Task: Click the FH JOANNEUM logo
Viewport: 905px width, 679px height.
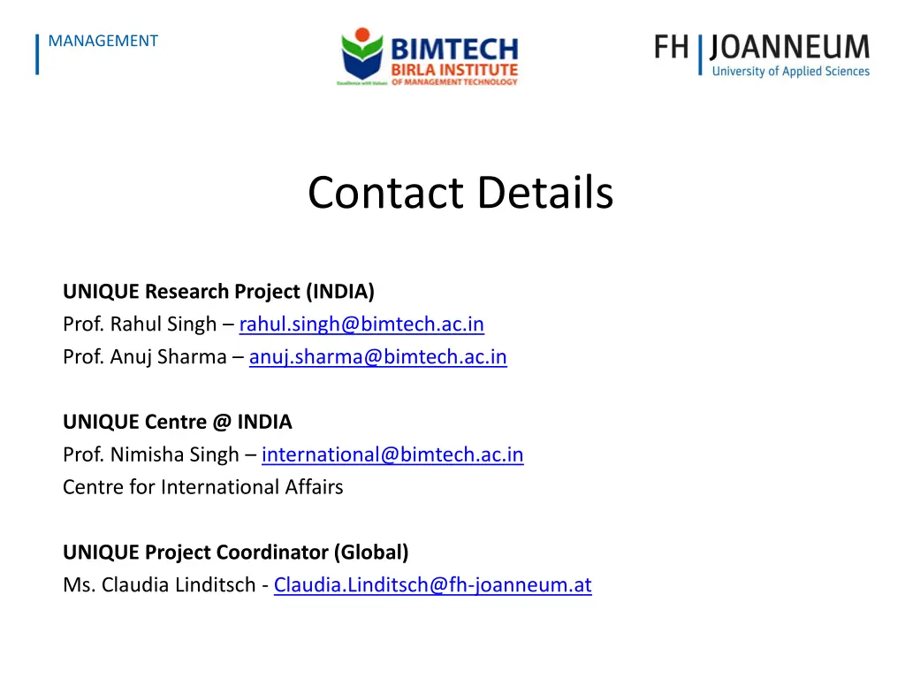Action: pos(762,55)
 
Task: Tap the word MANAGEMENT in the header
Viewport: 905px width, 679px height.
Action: pos(103,41)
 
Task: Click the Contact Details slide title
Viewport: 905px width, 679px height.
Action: pos(460,193)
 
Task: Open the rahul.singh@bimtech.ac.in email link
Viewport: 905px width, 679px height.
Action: pos(361,324)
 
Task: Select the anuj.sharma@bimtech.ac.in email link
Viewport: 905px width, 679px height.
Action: pos(377,357)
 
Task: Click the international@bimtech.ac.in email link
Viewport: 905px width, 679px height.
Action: pos(392,454)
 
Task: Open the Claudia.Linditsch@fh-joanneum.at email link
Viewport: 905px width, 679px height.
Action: pos(432,584)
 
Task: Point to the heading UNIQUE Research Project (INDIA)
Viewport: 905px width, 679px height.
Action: pos(218,292)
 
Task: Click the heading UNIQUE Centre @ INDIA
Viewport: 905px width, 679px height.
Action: pos(177,422)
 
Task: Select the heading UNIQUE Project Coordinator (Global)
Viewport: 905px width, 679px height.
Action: pos(235,553)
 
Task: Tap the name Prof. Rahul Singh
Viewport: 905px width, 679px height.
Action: pos(140,324)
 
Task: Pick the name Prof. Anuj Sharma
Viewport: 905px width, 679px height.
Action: pos(144,357)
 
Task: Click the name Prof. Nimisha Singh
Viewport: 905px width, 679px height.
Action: pos(150,454)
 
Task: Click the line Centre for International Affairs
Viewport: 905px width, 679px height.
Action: pos(202,487)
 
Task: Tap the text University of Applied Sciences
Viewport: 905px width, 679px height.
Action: pos(790,72)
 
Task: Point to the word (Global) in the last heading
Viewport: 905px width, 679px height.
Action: pos(371,553)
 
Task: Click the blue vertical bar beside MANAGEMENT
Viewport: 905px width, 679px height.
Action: pos(37,54)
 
